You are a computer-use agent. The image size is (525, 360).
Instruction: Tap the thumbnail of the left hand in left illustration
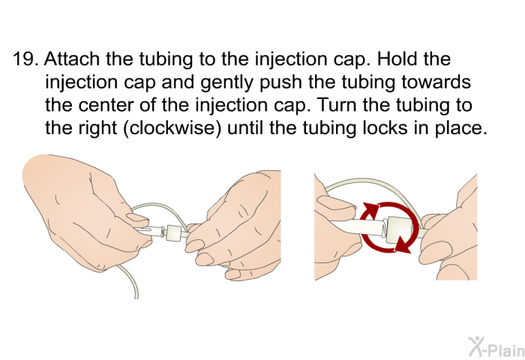click(x=136, y=218)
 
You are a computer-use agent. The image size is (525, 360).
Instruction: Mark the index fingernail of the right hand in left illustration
click(x=196, y=241)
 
